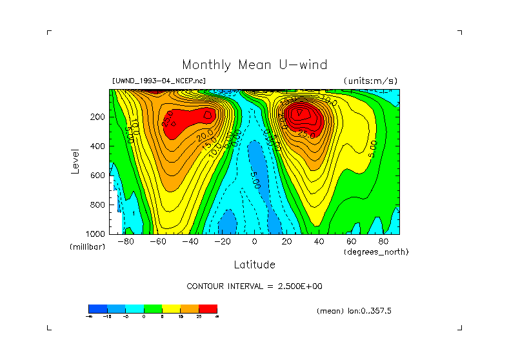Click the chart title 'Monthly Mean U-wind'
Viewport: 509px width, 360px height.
[254, 65]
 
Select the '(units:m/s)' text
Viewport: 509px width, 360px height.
[370, 81]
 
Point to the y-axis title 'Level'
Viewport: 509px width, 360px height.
[75, 161]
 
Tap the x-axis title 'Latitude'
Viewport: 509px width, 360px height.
[254, 265]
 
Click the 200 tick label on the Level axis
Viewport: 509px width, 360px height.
[98, 117]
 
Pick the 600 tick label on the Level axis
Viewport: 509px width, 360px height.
[98, 175]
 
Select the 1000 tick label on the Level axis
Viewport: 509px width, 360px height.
[96, 234]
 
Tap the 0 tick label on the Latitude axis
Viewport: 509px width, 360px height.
[254, 242]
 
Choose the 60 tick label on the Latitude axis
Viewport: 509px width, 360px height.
[351, 242]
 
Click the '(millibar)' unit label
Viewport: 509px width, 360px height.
[87, 247]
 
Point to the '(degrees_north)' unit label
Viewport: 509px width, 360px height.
[376, 252]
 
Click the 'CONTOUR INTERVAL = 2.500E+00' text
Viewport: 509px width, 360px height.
[254, 286]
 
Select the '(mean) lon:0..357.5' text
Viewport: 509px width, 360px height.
[354, 311]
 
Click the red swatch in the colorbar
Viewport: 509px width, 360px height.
[208, 308]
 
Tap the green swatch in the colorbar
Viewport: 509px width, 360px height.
[153, 308]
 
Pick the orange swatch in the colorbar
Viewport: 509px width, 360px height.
[190, 308]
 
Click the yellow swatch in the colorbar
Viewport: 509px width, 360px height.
[171, 308]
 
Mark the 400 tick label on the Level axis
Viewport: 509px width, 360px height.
[98, 146]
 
